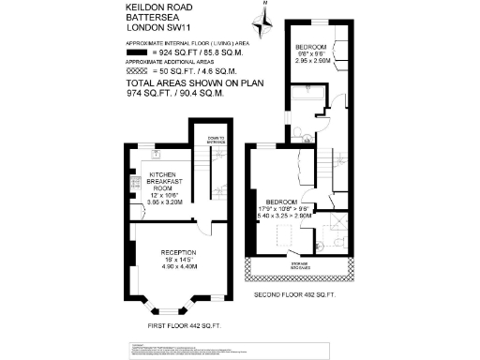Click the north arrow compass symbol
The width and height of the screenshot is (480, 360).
click(x=263, y=17)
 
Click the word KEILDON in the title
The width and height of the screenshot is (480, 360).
click(x=147, y=7)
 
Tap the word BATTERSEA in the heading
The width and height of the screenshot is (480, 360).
click(x=153, y=19)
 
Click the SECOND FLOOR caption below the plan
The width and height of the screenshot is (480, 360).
click(x=294, y=294)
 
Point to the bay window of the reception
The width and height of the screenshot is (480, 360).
click(x=169, y=304)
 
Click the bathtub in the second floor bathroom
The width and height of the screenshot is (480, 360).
click(x=306, y=98)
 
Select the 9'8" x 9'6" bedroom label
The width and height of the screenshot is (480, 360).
click(x=311, y=54)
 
